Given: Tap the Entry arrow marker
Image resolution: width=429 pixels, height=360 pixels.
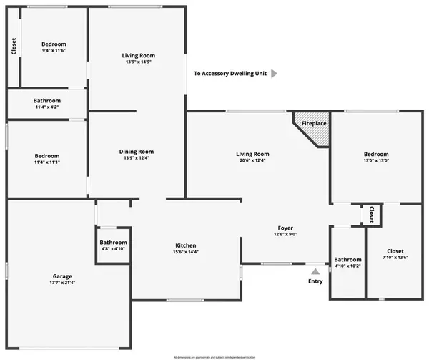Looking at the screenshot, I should pos(315,271).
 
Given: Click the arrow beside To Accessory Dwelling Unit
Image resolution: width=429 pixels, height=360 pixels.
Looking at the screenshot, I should pos(274,73).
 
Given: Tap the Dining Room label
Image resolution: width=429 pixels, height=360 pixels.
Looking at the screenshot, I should pos(136,151).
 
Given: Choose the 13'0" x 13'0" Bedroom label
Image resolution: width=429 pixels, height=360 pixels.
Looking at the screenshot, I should pos(376,154).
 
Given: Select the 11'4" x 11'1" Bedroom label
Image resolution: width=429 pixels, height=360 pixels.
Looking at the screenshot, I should pos(46,156).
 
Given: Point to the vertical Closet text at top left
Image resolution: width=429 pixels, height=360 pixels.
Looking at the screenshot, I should pos(14,46).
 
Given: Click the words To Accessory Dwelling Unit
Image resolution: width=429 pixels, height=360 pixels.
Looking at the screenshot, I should pos(228,73).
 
